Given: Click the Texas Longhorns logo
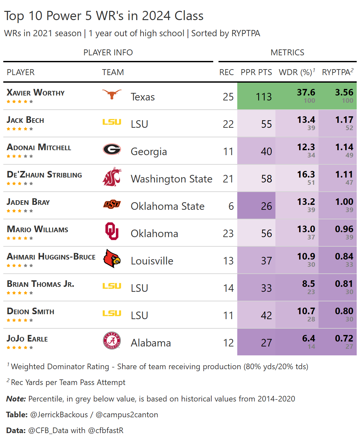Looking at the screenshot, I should point(112,94).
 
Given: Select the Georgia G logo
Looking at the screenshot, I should point(112,149).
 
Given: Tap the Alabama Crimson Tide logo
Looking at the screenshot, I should point(112,341).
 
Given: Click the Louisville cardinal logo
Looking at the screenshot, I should point(112,259).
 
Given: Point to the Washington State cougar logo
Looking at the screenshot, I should point(112,177).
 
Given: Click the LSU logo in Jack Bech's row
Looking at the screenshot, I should point(112,122).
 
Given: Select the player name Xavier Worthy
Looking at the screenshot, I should point(36,93).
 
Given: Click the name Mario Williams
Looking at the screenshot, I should point(38,229).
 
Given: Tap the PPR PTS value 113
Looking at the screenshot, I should point(264,97).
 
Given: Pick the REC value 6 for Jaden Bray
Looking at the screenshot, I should point(231,206).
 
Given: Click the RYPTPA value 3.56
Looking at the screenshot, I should point(344,93).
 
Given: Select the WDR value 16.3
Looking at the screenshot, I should point(306,175).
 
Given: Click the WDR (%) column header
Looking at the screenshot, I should point(296,72).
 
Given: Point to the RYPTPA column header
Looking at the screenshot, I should point(337,72).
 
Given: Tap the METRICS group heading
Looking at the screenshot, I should point(287,52).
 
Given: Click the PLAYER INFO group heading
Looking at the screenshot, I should point(108,52).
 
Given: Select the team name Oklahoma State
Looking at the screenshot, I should point(167,206).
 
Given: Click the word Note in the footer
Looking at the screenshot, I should point(16,399).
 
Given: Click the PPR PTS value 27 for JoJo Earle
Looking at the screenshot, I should point(266,343).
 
